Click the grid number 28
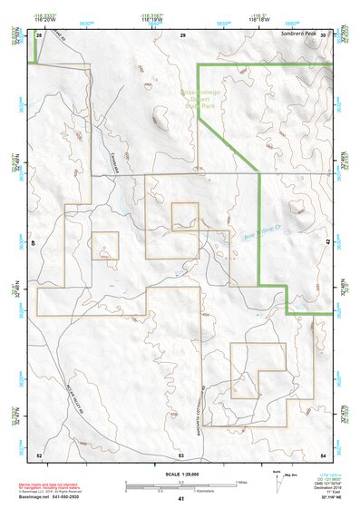click(x=39, y=34)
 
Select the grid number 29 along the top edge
click(x=181, y=34)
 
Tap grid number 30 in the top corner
click(x=324, y=34)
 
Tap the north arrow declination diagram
click(x=278, y=479)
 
